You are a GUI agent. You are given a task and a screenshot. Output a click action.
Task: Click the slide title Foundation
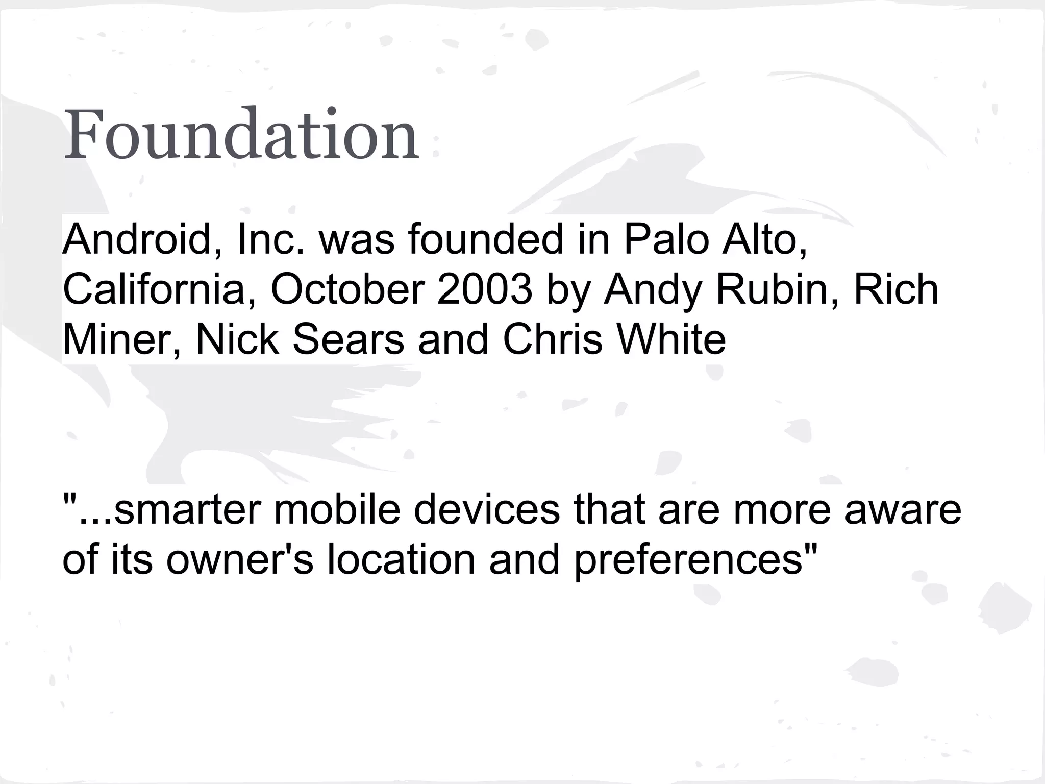[241, 134]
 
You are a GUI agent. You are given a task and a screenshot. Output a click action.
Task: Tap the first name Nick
[237, 339]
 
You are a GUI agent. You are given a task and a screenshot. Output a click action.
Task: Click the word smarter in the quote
[186, 509]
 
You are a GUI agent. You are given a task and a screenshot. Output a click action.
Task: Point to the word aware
[903, 509]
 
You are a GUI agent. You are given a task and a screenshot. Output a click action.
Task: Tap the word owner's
[239, 559]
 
